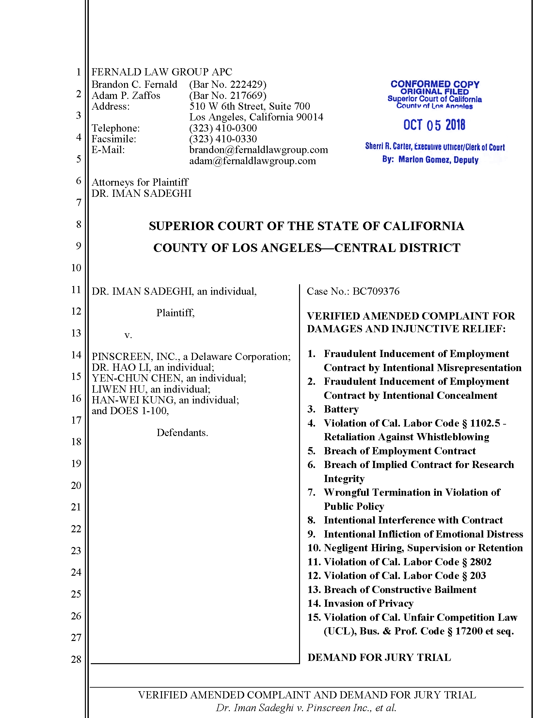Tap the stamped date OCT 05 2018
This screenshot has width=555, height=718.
coord(434,125)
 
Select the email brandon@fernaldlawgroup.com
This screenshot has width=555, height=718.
coord(259,150)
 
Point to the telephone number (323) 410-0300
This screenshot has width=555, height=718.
coord(223,128)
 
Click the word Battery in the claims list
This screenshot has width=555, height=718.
coord(341,409)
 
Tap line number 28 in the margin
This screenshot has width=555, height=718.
coord(76,659)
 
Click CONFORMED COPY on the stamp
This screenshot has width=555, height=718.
coord(435,84)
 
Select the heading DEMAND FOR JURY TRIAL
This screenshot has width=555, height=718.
coord(379,657)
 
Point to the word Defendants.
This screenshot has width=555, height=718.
coord(182,433)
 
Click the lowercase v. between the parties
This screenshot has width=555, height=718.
coord(128,335)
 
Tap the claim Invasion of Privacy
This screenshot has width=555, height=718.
coord(368,603)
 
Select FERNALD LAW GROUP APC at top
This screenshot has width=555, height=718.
coord(161,72)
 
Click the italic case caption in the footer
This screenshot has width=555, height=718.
coord(306,708)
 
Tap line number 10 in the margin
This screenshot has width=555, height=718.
coord(76,268)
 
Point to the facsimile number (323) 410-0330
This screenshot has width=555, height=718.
coord(223,139)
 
